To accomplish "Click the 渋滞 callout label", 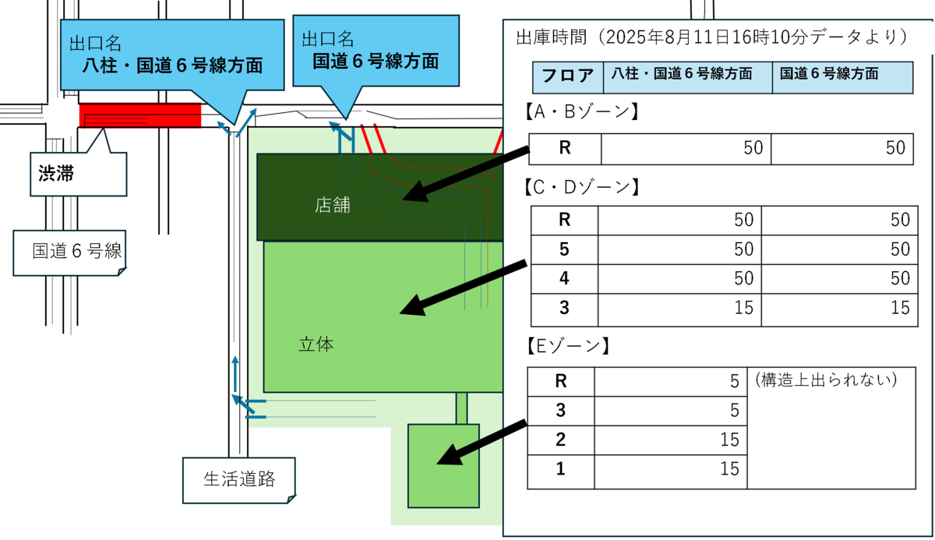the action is tap(56, 173).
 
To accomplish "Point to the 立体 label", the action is tap(316, 344).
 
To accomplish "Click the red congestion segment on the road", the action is tap(140, 115).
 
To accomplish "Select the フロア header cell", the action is tap(568, 76).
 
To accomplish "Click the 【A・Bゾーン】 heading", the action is tap(577, 112).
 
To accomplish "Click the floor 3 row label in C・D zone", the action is tap(564, 307).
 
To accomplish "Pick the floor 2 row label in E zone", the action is tap(560, 439).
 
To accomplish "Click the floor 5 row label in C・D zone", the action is tap(564, 249).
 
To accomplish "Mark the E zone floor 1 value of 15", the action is tap(729, 469).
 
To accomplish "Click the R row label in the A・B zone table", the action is tap(565, 148).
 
